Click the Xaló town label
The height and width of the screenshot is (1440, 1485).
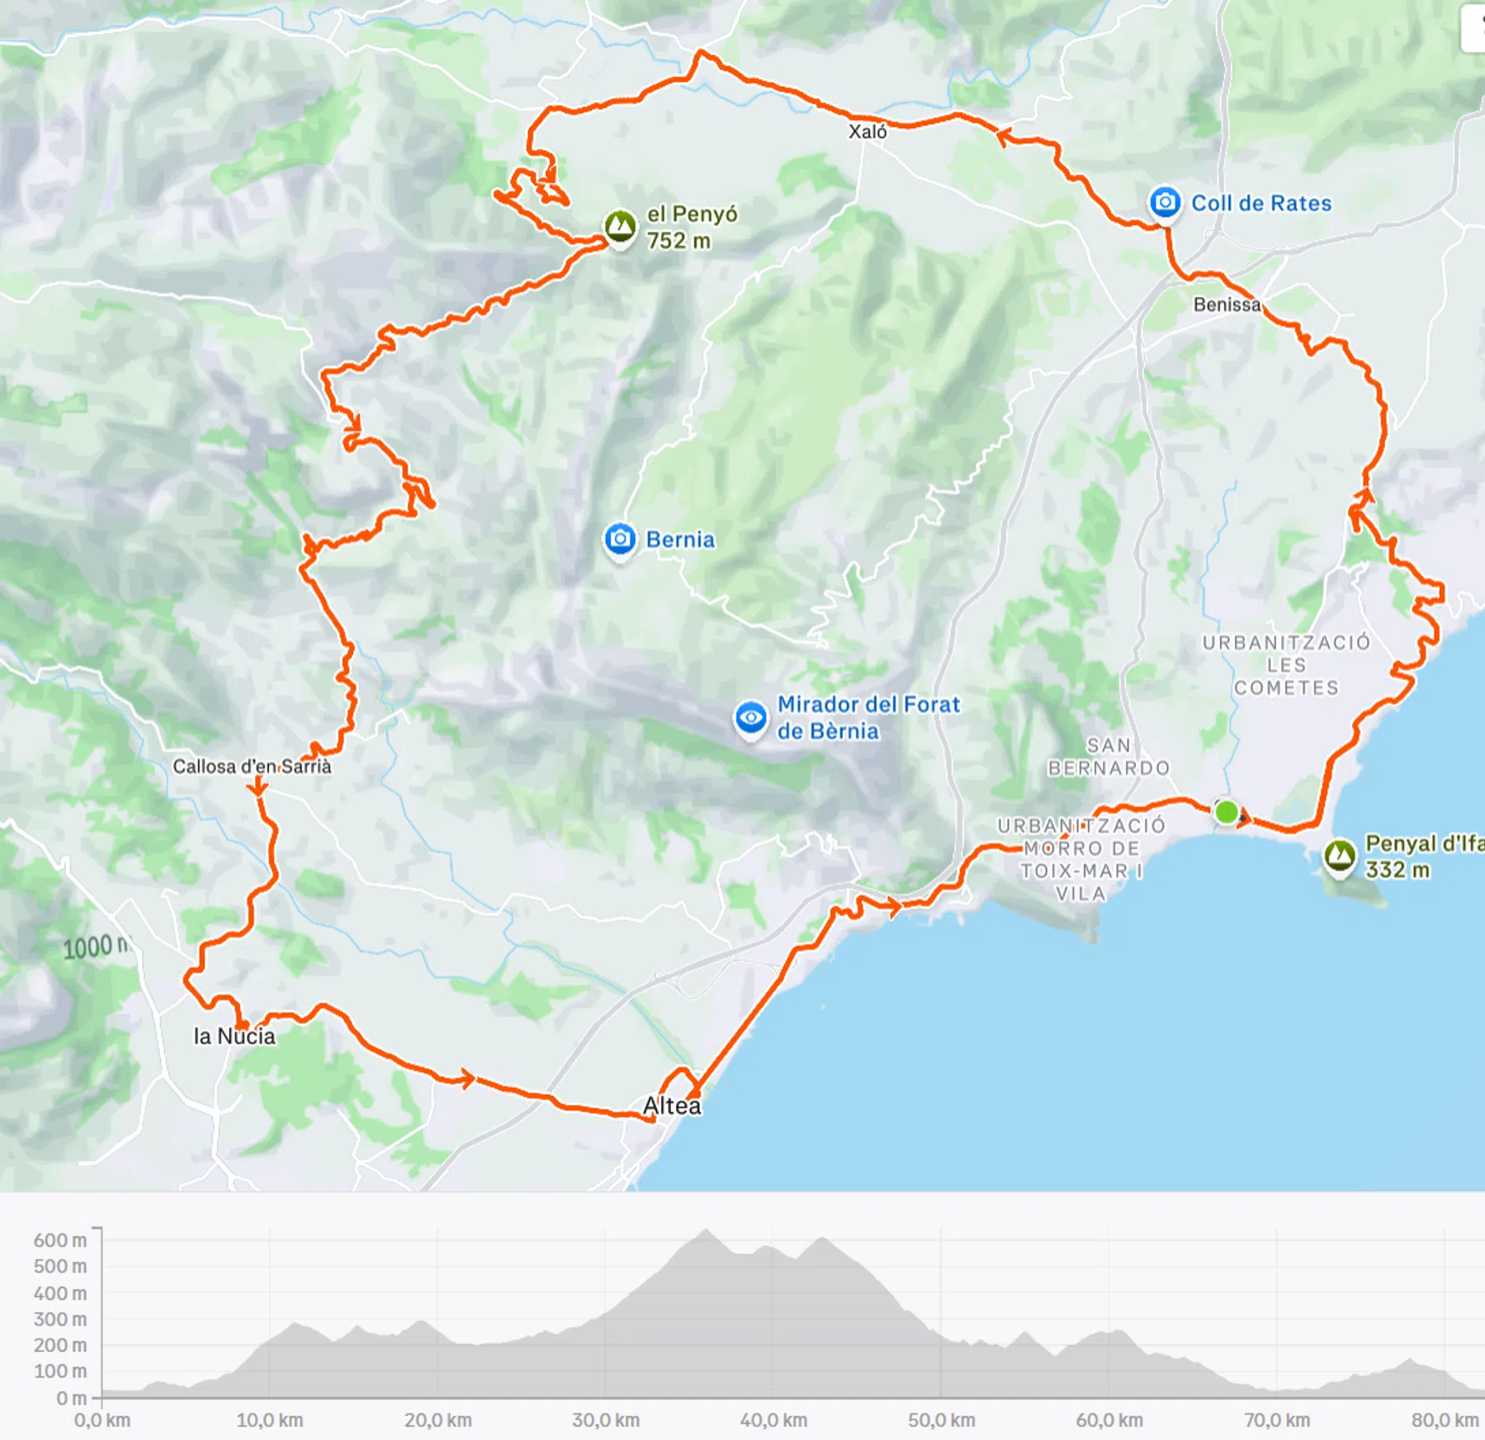pyautogui.click(x=868, y=131)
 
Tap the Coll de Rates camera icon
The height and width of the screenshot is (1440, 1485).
pyautogui.click(x=1165, y=202)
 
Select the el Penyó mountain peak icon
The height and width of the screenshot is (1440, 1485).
pyautogui.click(x=620, y=225)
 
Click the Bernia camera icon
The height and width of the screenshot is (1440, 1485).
pyautogui.click(x=620, y=540)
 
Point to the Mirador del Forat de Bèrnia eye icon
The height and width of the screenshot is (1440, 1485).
pyautogui.click(x=750, y=717)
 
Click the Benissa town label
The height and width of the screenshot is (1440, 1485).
pyautogui.click(x=1227, y=305)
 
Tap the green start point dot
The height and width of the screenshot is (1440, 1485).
pyautogui.click(x=1227, y=812)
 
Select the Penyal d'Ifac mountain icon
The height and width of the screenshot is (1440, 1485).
pyautogui.click(x=1339, y=856)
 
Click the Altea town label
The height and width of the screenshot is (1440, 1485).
pyautogui.click(x=672, y=1106)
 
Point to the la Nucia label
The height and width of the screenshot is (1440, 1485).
pyautogui.click(x=234, y=1036)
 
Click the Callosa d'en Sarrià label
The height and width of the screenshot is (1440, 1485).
pyautogui.click(x=252, y=767)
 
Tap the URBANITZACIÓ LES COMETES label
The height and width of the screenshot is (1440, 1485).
pyautogui.click(x=1285, y=665)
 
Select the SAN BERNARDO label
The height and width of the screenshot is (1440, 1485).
pyautogui.click(x=1109, y=757)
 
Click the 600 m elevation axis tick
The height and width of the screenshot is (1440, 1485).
pyautogui.click(x=59, y=1240)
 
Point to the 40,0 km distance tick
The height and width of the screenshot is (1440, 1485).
pyautogui.click(x=773, y=1420)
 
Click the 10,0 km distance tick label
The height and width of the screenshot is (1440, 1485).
pyautogui.click(x=270, y=1420)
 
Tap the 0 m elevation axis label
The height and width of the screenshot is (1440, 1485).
pyautogui.click(x=71, y=1398)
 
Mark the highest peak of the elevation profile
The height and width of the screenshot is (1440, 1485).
pyautogui.click(x=706, y=1230)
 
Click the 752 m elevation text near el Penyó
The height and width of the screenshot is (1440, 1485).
pyautogui.click(x=678, y=241)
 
